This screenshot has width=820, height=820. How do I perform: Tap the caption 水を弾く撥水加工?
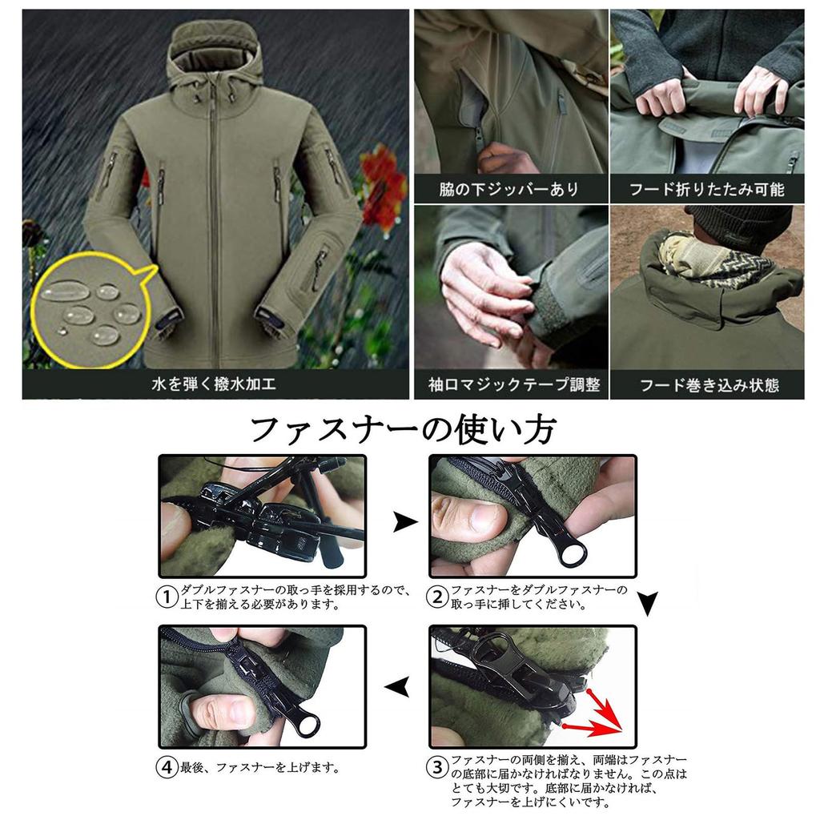pos(214,384)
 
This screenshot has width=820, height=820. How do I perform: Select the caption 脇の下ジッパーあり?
pos(509,190)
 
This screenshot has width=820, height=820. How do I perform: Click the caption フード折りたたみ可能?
pos(706,190)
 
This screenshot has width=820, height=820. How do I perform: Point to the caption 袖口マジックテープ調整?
pos(509,384)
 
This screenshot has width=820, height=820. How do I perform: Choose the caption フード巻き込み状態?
pos(706,384)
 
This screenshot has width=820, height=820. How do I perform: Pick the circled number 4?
pos(167,767)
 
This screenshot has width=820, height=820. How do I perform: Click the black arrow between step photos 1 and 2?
pos(405,523)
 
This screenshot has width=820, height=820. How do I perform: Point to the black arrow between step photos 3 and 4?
pos(398,686)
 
